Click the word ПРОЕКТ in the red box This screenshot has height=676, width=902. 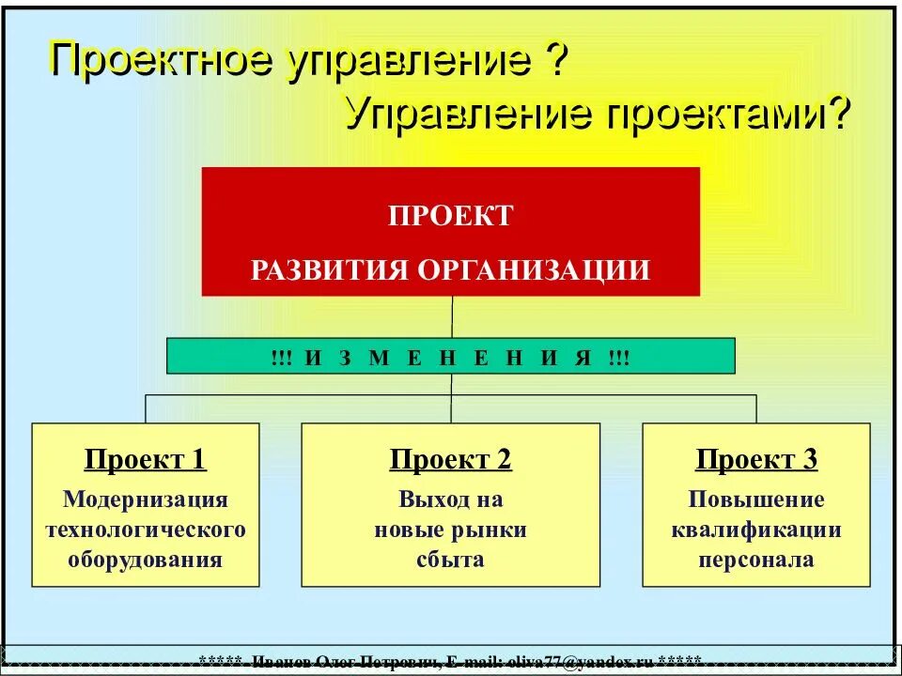[451, 216]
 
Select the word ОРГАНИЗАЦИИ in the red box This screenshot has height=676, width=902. [534, 270]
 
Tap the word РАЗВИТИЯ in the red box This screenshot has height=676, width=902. [330, 270]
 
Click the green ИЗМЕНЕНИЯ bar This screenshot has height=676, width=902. [451, 357]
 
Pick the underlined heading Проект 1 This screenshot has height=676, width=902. [146, 460]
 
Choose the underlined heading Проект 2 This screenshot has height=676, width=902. [451, 460]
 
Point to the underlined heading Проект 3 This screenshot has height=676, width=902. [756, 460]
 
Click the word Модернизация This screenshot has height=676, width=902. [146, 499]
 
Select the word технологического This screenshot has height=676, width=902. [146, 530]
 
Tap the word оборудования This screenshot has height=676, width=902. [146, 561]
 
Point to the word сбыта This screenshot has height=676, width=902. [451, 561]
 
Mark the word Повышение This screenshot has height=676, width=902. [756, 499]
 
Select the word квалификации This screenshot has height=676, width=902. [756, 530]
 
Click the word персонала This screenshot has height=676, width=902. [756, 561]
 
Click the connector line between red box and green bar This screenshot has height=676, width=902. [452, 317]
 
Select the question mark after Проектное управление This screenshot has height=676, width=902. [555, 61]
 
